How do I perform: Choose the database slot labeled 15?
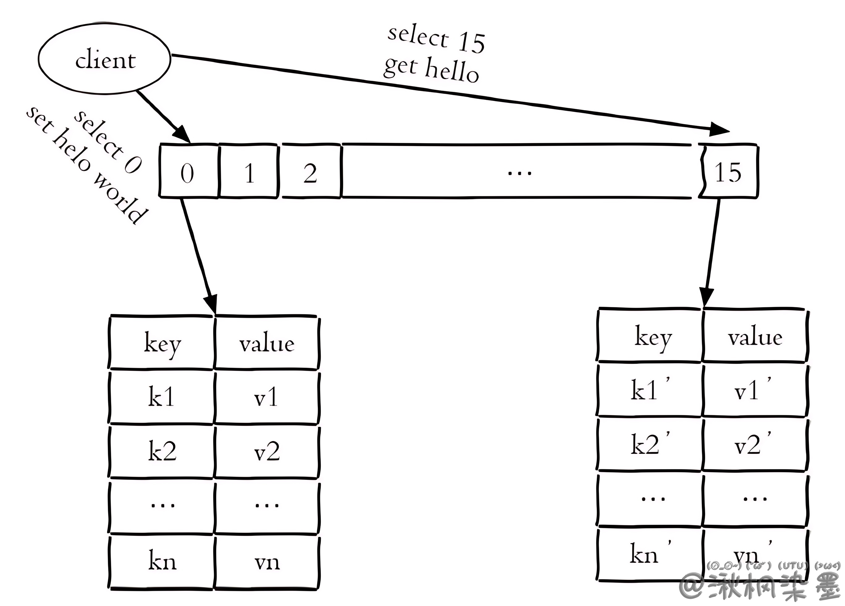click(x=728, y=172)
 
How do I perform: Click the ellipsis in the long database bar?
click(x=519, y=172)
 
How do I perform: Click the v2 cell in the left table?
click(x=267, y=451)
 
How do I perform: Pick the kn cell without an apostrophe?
click(x=162, y=561)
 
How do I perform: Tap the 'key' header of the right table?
click(x=653, y=337)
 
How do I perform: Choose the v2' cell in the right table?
click(x=753, y=445)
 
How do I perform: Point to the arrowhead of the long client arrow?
click(x=718, y=130)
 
